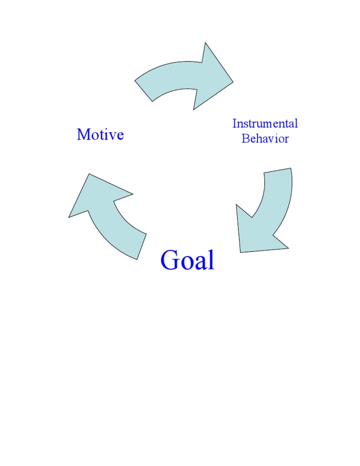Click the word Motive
[100, 135]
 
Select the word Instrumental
[265, 124]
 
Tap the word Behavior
[265, 139]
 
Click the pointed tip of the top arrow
[232, 83]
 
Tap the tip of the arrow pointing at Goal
[241, 251]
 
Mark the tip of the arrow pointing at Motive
[70, 216]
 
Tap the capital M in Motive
[83, 135]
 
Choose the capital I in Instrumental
[235, 124]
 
